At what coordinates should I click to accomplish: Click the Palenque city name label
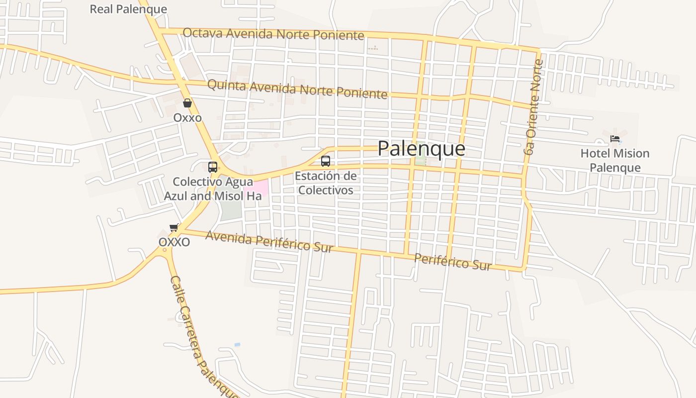click(421, 148)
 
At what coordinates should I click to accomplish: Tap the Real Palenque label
click(128, 9)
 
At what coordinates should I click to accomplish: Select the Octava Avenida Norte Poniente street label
click(273, 34)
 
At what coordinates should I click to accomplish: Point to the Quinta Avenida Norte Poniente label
click(297, 89)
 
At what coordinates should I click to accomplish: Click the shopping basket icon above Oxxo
click(187, 103)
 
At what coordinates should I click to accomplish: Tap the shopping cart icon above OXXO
click(174, 227)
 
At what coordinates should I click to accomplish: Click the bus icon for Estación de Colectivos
click(326, 161)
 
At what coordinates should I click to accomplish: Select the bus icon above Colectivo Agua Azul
click(213, 167)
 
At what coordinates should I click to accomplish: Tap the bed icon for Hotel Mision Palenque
click(615, 138)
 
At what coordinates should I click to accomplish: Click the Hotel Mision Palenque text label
click(615, 160)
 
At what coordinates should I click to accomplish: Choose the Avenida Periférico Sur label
click(269, 241)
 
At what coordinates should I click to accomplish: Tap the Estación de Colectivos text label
click(326, 183)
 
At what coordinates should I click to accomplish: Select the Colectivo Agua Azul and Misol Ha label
click(213, 189)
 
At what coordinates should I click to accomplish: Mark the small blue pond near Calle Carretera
click(237, 344)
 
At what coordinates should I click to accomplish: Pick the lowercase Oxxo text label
click(187, 118)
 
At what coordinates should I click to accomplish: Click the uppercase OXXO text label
click(174, 242)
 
